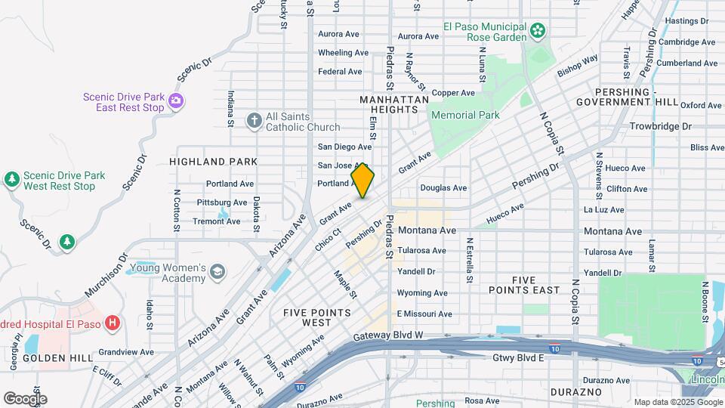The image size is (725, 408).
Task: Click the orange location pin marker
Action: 362,180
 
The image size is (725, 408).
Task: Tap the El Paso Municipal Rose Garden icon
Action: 537,31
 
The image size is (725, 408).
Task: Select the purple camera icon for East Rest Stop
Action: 176,100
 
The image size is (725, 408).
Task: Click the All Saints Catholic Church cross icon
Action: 255,120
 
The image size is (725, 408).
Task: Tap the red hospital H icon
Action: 113,323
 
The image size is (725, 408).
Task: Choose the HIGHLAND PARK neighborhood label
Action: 213,162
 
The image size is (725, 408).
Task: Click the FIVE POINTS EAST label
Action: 524,284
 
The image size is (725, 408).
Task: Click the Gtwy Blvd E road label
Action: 518,357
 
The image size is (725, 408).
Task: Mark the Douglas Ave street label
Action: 443,187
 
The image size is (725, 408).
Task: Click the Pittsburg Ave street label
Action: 222,202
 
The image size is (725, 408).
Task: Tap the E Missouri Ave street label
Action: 424,314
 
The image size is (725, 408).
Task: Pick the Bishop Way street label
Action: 578,66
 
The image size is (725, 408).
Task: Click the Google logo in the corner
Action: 25,398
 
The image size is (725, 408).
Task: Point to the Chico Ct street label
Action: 324,241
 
